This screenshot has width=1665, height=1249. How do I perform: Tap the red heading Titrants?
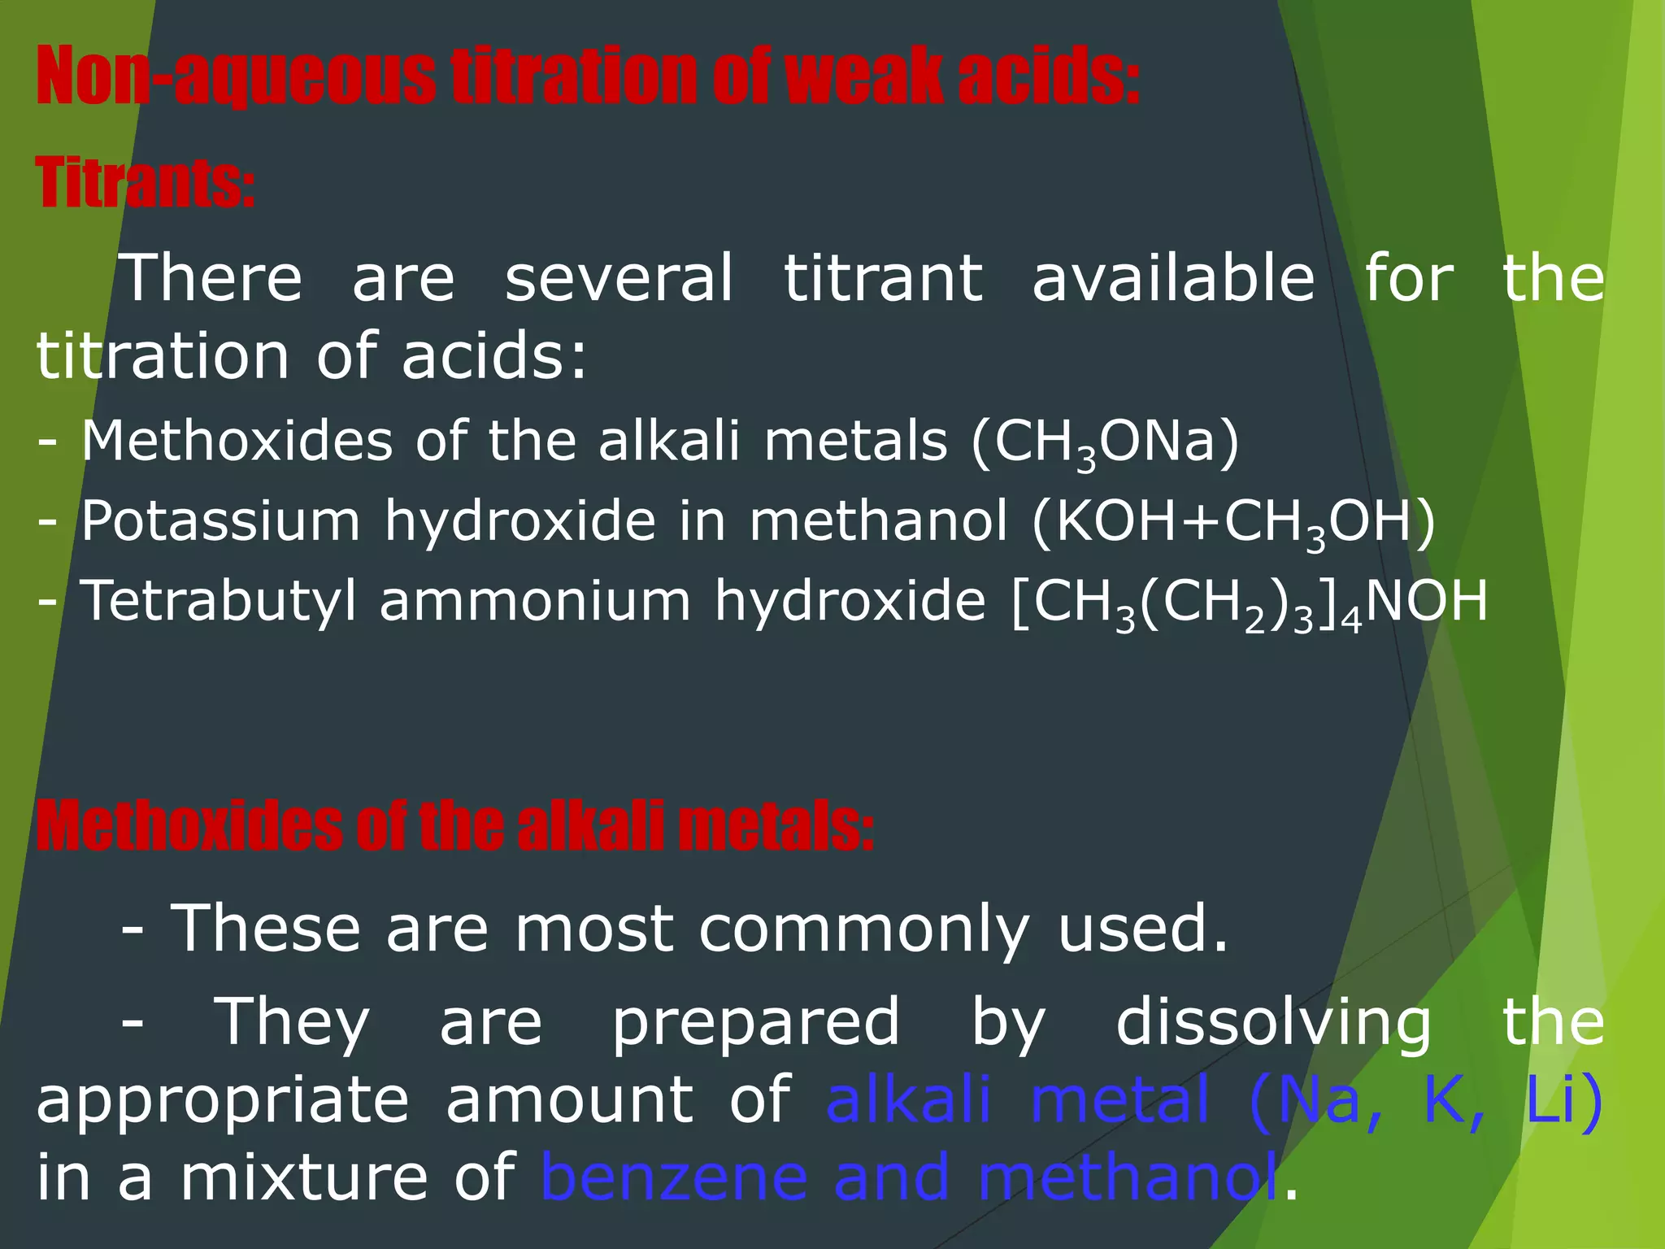point(146,182)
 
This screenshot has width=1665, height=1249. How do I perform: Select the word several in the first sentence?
point(619,278)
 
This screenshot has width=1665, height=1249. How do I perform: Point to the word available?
point(1173,278)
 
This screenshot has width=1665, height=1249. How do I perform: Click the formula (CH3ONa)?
point(1106,443)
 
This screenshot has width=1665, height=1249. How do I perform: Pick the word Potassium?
point(220,521)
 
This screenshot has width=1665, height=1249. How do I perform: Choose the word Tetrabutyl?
point(219,603)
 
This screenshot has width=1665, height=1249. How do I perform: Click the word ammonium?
point(535,603)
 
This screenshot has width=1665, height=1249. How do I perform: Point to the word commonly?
point(863,929)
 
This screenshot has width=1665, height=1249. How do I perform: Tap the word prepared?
point(755,1023)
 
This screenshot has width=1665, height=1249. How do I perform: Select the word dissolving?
point(1273,1023)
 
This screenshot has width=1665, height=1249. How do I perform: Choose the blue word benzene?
point(674,1178)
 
